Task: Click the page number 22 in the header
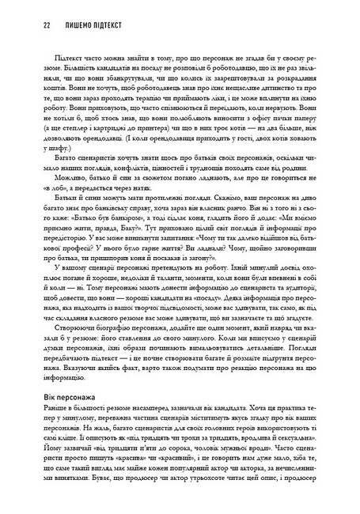tap(25, 25)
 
